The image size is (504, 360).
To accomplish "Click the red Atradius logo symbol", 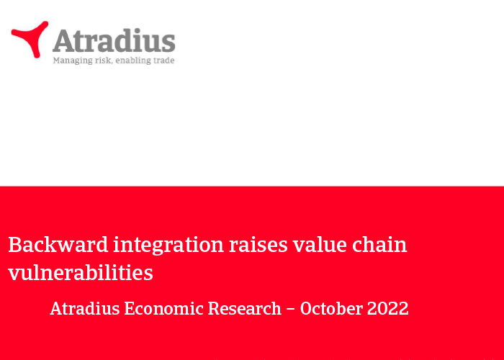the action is (x=30, y=39).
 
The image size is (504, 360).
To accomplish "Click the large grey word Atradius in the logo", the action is (x=114, y=40).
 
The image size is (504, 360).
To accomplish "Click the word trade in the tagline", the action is (x=164, y=60).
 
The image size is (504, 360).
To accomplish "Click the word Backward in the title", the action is (x=58, y=245).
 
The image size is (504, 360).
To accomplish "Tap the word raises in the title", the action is (x=258, y=245).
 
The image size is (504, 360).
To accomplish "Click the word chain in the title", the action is (x=379, y=245).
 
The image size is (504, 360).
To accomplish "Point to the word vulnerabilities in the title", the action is (x=81, y=273).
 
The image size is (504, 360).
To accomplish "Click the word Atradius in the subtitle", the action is (x=85, y=309).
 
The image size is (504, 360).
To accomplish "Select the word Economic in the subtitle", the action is (x=164, y=309).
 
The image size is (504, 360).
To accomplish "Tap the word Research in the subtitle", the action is (x=245, y=309).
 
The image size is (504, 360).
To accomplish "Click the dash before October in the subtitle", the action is (x=291, y=309).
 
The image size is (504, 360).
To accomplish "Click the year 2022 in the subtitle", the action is (x=387, y=309).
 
